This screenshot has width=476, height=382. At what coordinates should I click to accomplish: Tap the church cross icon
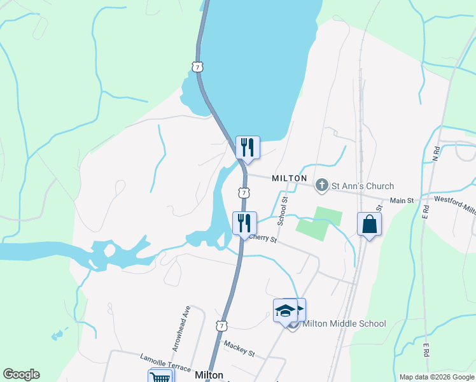coord(322,185)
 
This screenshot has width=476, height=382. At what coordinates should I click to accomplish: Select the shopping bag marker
coord(370,224)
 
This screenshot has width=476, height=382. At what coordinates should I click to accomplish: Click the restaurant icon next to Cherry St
coord(244,223)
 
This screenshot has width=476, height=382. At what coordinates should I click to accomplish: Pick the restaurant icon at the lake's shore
coord(247,148)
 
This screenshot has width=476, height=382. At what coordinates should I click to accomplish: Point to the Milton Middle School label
coord(344,323)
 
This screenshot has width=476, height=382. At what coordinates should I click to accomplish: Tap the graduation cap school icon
coord(286,311)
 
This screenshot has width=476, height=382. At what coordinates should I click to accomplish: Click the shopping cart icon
coord(162,378)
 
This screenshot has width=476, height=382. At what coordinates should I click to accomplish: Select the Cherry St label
coord(263,239)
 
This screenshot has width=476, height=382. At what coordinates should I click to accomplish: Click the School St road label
coord(283,210)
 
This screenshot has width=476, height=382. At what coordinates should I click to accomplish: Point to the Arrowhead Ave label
coord(181,328)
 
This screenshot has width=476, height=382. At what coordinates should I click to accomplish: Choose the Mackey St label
coord(239,349)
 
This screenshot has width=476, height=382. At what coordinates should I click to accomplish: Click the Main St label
coord(402,201)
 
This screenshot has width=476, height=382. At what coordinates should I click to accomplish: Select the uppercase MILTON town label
coord(290,178)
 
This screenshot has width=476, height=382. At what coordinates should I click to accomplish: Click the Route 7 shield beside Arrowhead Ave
coord(221,325)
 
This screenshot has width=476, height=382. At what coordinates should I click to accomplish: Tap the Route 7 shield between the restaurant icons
coord(244,192)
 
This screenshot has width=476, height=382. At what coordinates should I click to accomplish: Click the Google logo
coord(21,374)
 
